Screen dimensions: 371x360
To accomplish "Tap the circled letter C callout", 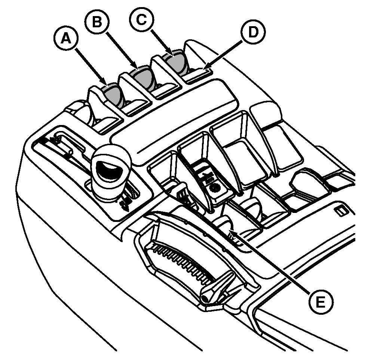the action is (141, 19).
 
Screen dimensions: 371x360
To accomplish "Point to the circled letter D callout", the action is (253, 32).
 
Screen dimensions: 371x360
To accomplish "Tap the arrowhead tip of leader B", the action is (138, 68).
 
